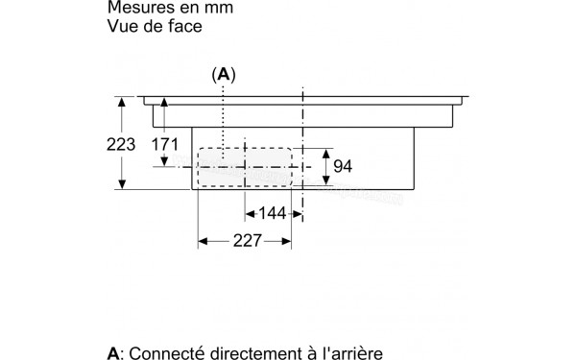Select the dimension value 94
[343, 167]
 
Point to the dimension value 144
[274, 212]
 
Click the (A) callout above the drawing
[224, 74]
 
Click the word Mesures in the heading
[140, 8]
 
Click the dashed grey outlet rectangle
[245, 168]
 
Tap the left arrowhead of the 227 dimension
[202, 244]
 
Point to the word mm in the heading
[220, 8]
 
